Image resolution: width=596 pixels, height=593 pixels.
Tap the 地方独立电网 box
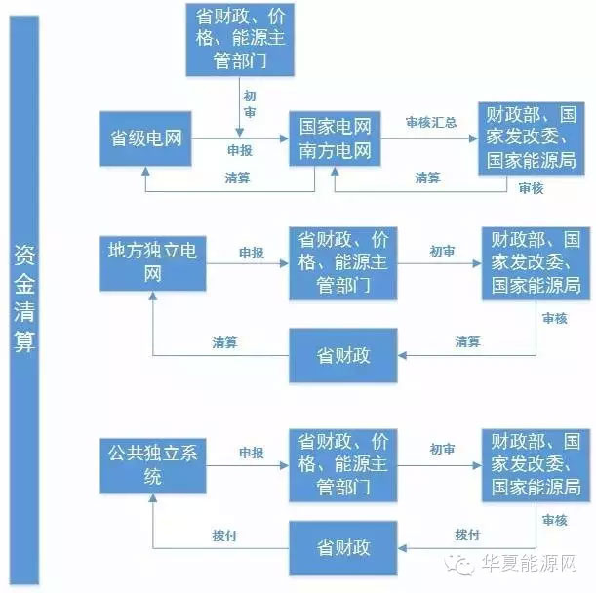point(153,262)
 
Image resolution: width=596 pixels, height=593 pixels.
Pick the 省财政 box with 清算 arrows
point(343,355)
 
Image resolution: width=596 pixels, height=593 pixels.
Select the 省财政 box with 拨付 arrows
point(343,545)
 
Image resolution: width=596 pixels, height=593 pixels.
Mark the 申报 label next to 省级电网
point(239,151)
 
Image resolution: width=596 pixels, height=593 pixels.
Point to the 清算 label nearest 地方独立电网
point(225,343)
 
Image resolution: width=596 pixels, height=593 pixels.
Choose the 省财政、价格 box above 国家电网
point(238,39)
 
